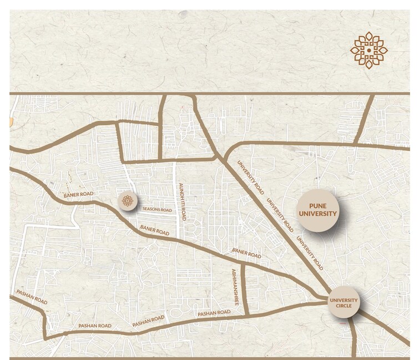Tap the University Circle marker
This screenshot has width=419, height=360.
point(344,303)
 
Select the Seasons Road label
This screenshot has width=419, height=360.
point(158,209)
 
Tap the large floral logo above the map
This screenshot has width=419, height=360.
point(369,50)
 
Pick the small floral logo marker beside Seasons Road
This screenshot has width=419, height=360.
point(128,201)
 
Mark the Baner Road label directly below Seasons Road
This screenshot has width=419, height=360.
point(155,229)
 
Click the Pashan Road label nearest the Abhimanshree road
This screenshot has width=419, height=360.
point(214,313)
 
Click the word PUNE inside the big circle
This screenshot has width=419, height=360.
point(317,205)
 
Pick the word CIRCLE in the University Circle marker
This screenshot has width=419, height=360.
point(344,306)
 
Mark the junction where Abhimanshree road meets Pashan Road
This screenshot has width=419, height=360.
point(244,315)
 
